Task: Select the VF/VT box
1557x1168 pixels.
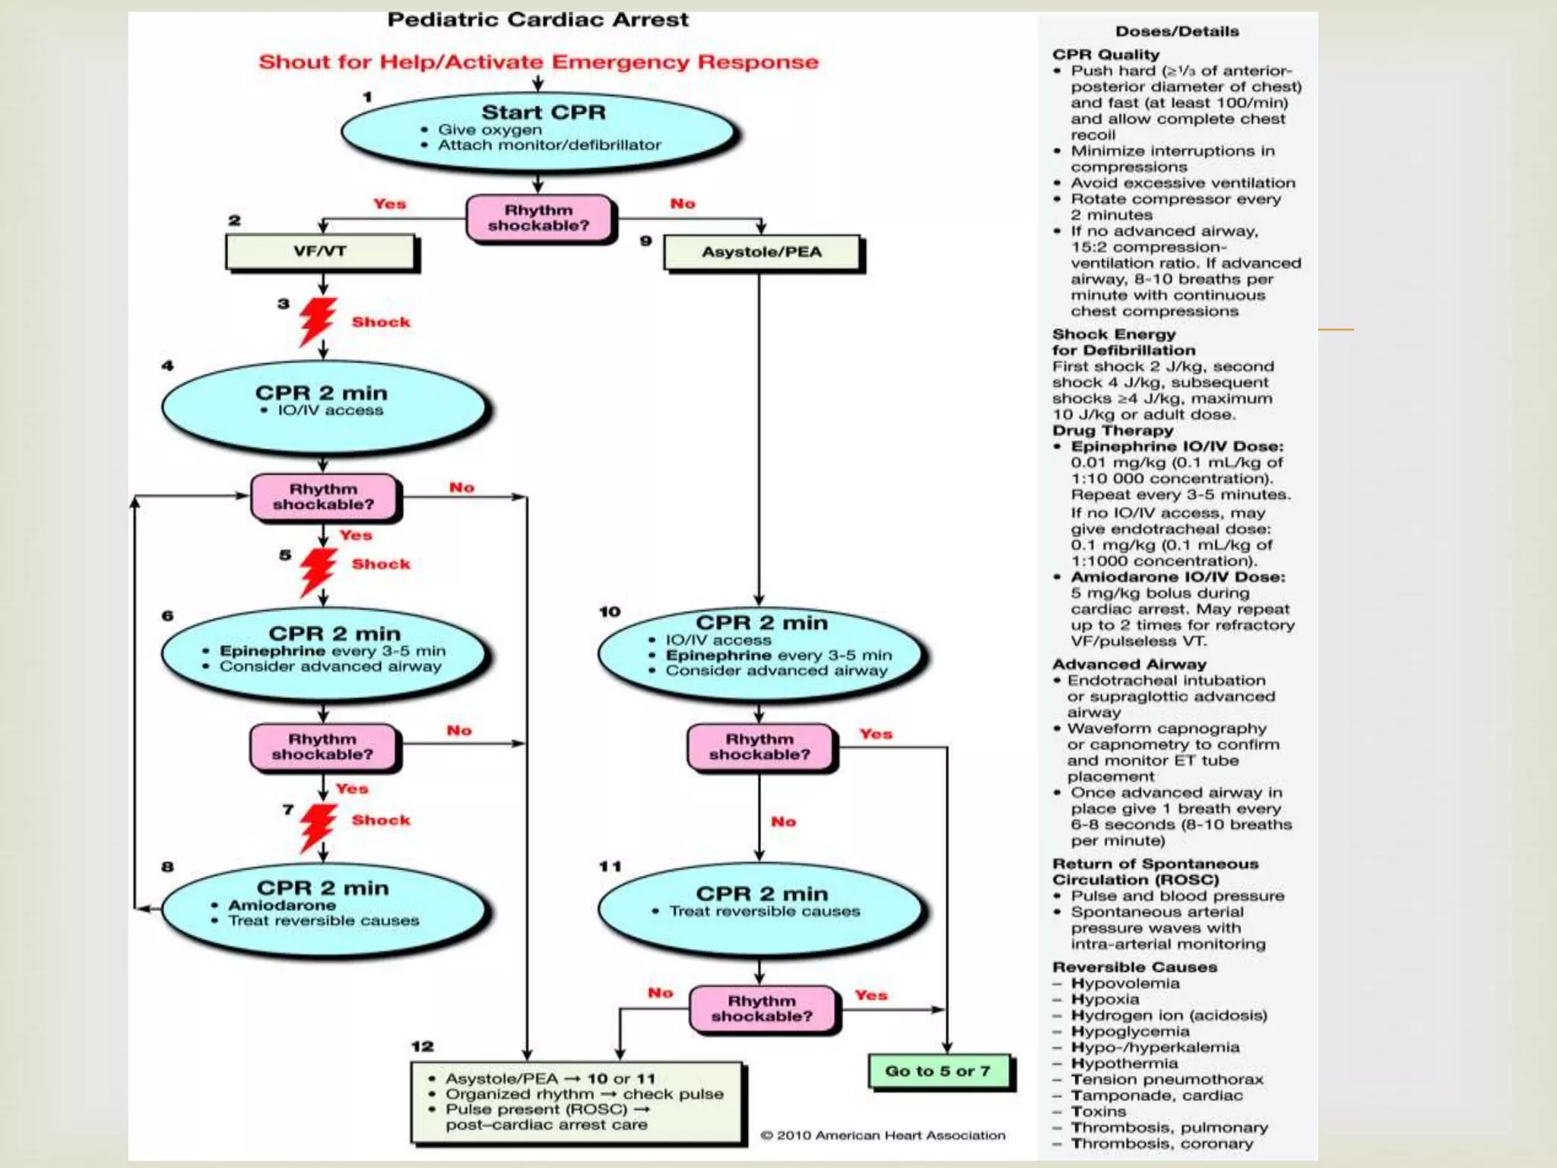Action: (x=321, y=252)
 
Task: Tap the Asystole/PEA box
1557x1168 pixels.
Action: (x=762, y=252)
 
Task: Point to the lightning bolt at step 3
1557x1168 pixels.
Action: (x=317, y=320)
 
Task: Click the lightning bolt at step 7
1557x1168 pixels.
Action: (x=317, y=827)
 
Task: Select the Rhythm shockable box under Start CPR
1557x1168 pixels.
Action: (x=539, y=218)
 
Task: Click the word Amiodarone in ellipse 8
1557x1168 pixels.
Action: (x=282, y=905)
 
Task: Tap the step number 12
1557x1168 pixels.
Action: (x=422, y=1046)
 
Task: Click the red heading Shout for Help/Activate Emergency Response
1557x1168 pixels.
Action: (x=538, y=62)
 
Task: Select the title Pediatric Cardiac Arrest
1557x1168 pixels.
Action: (x=537, y=20)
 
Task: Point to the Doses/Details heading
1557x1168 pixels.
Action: (x=1177, y=32)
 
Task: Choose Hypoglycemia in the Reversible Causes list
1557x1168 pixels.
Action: (x=1130, y=1031)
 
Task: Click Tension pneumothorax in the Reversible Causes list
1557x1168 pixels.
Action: (x=1166, y=1079)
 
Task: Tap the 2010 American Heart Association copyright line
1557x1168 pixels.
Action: (x=883, y=1135)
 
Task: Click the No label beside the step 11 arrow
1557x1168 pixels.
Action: (x=783, y=821)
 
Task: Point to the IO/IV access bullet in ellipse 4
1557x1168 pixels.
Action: (x=329, y=411)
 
